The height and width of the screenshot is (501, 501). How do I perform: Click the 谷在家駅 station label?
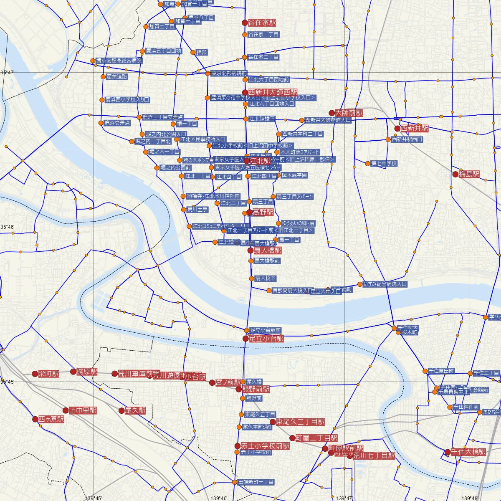pyautogui.click(x=262, y=23)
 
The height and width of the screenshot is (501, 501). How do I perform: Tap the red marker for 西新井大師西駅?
pyautogui.click(x=245, y=92)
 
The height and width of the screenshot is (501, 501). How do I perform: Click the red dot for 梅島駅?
pyautogui.click(x=455, y=174)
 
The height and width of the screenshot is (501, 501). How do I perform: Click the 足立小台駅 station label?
pyautogui.click(x=266, y=339)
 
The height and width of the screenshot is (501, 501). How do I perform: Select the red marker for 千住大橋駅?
pyautogui.click(x=448, y=452)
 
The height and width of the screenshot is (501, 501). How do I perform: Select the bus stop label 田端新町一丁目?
pyautogui.click(x=256, y=482)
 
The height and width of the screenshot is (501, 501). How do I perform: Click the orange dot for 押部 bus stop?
pyautogui.click(x=193, y=53)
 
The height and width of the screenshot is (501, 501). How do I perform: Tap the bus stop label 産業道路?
pyautogui.click(x=117, y=77)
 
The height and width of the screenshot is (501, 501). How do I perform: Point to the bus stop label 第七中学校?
pyautogui.click(x=384, y=164)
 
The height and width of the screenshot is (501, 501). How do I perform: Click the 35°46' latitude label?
pyautogui.click(x=7, y=227)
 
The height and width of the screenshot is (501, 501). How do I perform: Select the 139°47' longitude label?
pyautogui.click(x=344, y=498)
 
